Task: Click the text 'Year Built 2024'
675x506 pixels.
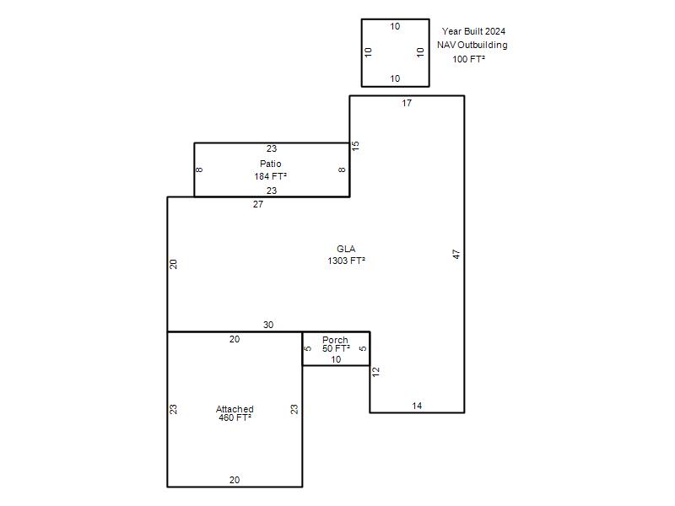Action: (x=473, y=31)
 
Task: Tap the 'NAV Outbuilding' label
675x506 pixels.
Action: (x=472, y=46)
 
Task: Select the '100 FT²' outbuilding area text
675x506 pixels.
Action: (x=469, y=59)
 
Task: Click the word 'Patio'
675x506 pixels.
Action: (x=271, y=164)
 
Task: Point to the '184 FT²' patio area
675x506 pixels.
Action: (x=270, y=176)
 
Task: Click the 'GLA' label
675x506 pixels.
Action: (x=346, y=249)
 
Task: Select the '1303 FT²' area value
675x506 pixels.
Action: (x=347, y=261)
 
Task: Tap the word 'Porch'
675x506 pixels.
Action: (x=335, y=340)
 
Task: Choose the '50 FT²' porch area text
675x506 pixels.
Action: (x=336, y=348)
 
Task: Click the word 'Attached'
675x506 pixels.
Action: (x=235, y=409)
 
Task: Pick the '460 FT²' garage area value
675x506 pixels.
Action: (x=235, y=417)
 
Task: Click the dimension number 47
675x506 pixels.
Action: (x=456, y=255)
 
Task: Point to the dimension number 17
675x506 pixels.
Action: (x=407, y=103)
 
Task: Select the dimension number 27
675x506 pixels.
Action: (x=258, y=204)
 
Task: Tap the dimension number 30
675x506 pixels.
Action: (x=268, y=325)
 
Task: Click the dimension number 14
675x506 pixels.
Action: (x=417, y=406)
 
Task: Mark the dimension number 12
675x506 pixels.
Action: (x=375, y=372)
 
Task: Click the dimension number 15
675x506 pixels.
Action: (x=355, y=146)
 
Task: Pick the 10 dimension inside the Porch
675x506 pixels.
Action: (x=336, y=359)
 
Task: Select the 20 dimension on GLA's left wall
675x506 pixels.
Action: (x=173, y=264)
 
